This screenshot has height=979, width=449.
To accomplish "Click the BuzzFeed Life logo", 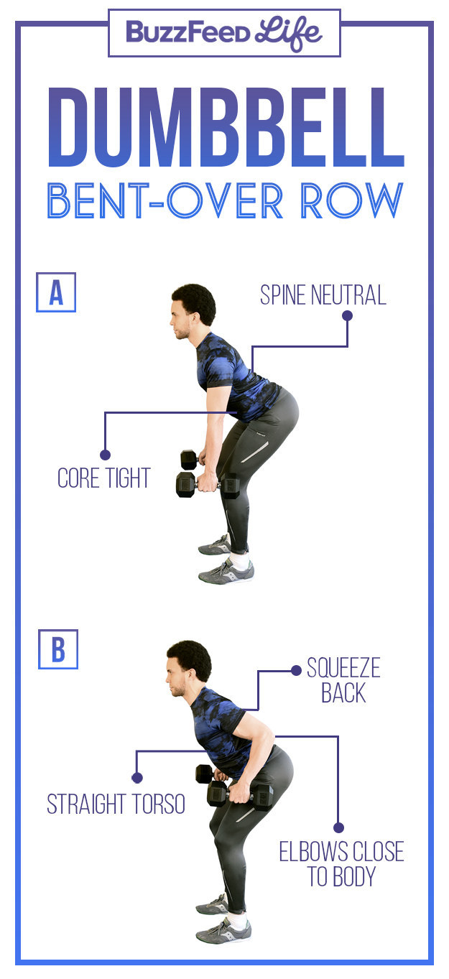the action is [x=224, y=33].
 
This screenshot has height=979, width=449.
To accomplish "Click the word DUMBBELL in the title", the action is [x=226, y=127].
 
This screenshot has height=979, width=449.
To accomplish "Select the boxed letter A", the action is [x=56, y=292].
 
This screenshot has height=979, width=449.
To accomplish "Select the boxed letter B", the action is [x=58, y=649].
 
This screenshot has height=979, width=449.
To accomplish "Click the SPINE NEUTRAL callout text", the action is [x=323, y=295].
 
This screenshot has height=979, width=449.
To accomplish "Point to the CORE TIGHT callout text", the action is [x=104, y=478].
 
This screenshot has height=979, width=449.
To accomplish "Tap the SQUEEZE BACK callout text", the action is [x=343, y=680].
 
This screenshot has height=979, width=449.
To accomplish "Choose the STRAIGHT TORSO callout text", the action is [x=116, y=804].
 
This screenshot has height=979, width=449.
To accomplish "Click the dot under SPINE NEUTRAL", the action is [x=347, y=315].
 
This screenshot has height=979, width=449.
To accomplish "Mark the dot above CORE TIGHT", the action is [x=105, y=455].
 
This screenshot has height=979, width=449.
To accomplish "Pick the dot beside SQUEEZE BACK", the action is [x=296, y=670].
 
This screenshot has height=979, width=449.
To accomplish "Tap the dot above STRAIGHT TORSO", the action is [x=136, y=777].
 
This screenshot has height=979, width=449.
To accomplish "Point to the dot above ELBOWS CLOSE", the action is [x=338, y=827].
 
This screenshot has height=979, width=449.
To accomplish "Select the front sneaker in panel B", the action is [x=223, y=931].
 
